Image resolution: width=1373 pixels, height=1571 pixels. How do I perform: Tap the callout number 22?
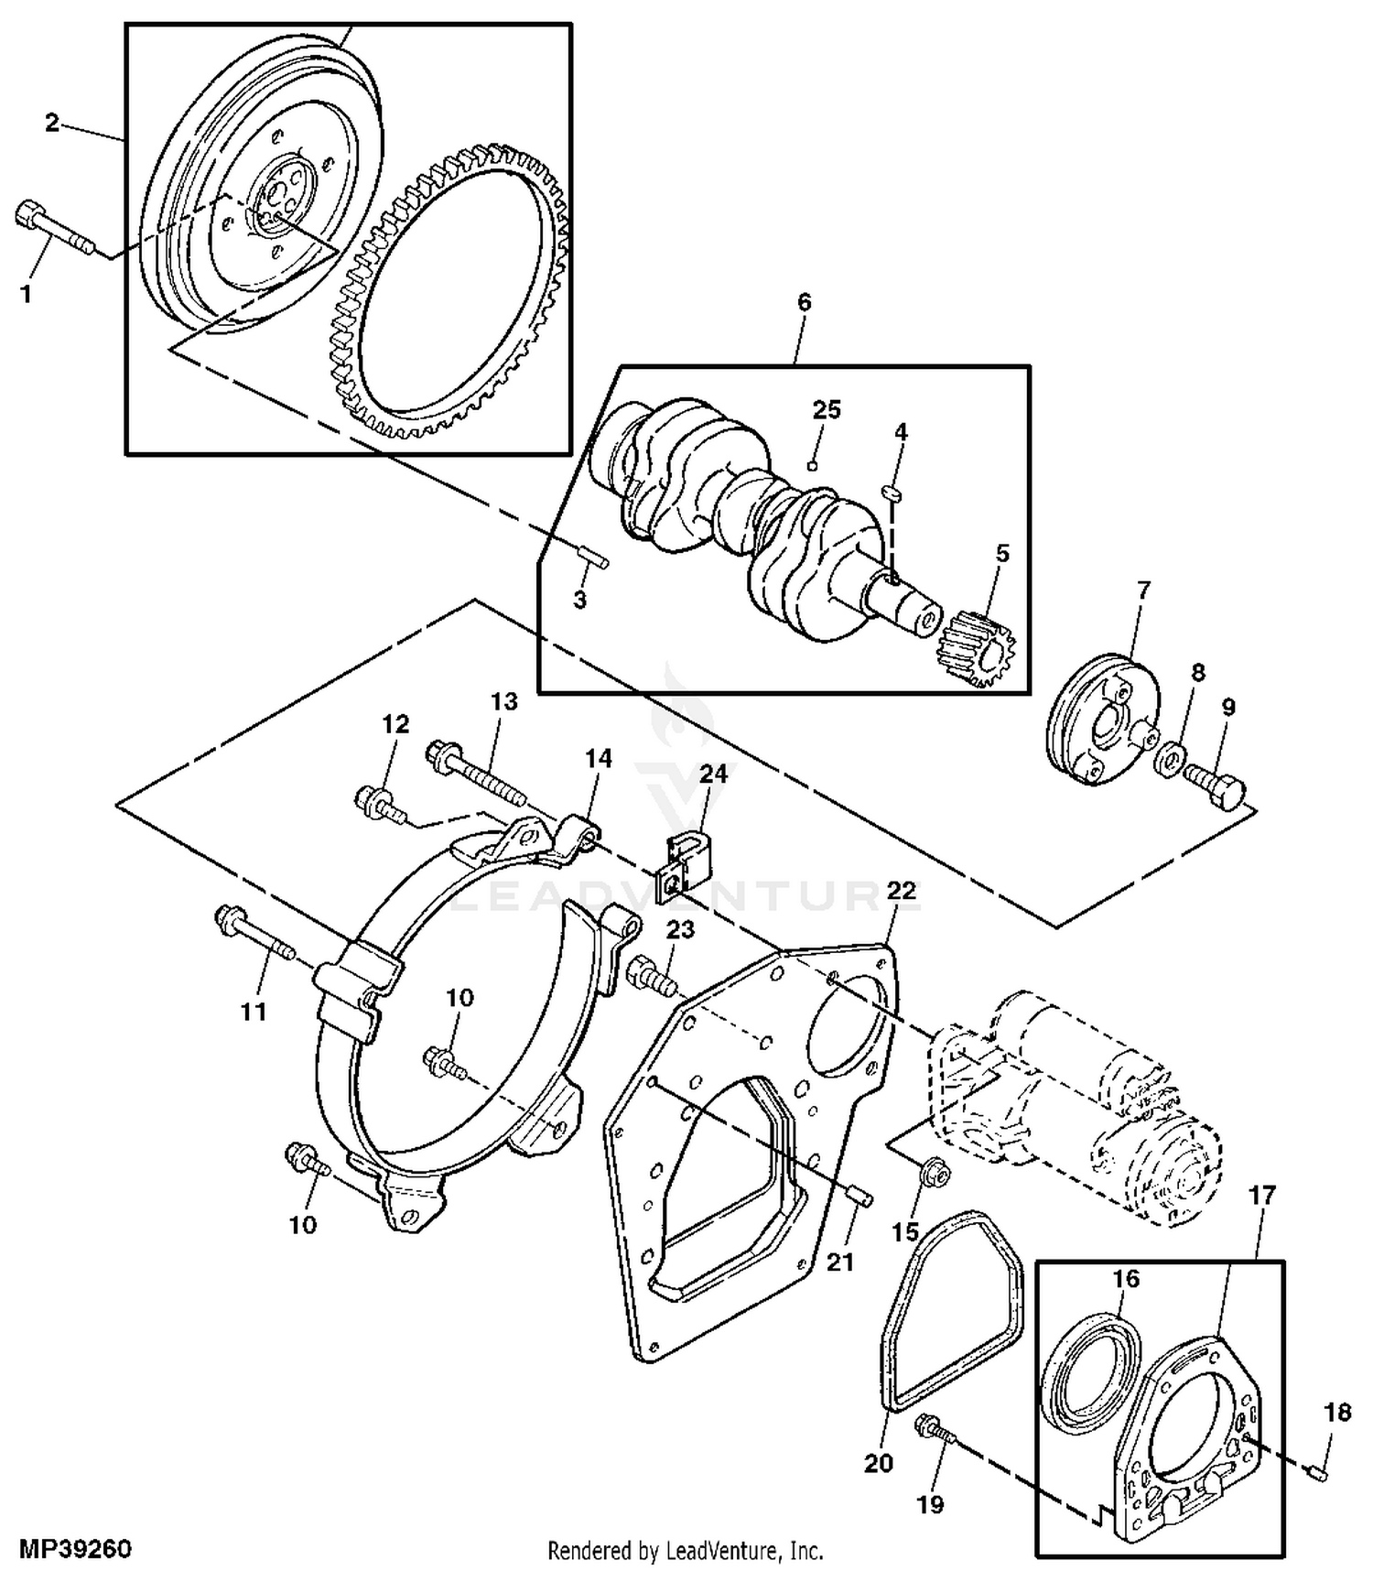click(901, 891)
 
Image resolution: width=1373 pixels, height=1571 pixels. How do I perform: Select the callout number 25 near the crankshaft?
click(827, 409)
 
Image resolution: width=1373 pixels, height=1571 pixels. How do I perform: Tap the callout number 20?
click(878, 1463)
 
